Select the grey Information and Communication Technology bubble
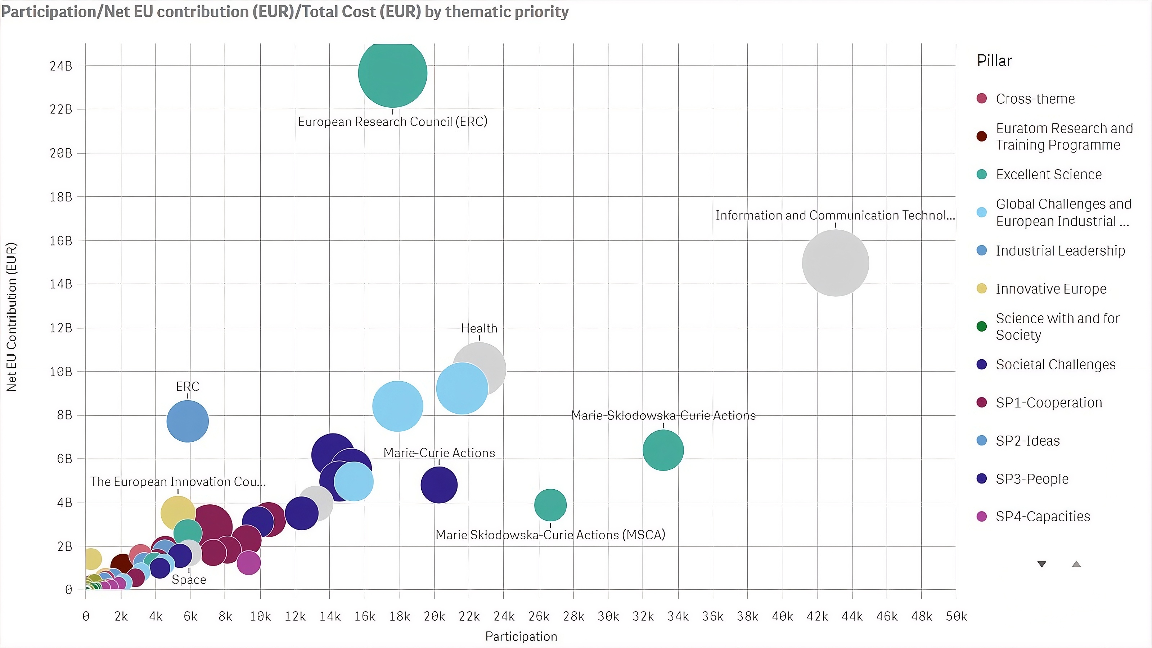(835, 263)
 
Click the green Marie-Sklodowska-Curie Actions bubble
(663, 450)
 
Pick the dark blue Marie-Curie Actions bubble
(439, 485)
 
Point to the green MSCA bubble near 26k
(550, 505)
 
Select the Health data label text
(479, 328)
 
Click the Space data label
(189, 580)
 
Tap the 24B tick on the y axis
(61, 66)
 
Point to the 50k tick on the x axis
(956, 616)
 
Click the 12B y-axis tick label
(61, 328)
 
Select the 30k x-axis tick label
(608, 616)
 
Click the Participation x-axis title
(521, 636)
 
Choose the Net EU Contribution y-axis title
(12, 317)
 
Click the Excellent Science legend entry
(1048, 174)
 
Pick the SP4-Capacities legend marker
(982, 517)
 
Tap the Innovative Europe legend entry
(1050, 289)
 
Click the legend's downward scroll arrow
(1041, 564)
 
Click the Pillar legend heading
(994, 61)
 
